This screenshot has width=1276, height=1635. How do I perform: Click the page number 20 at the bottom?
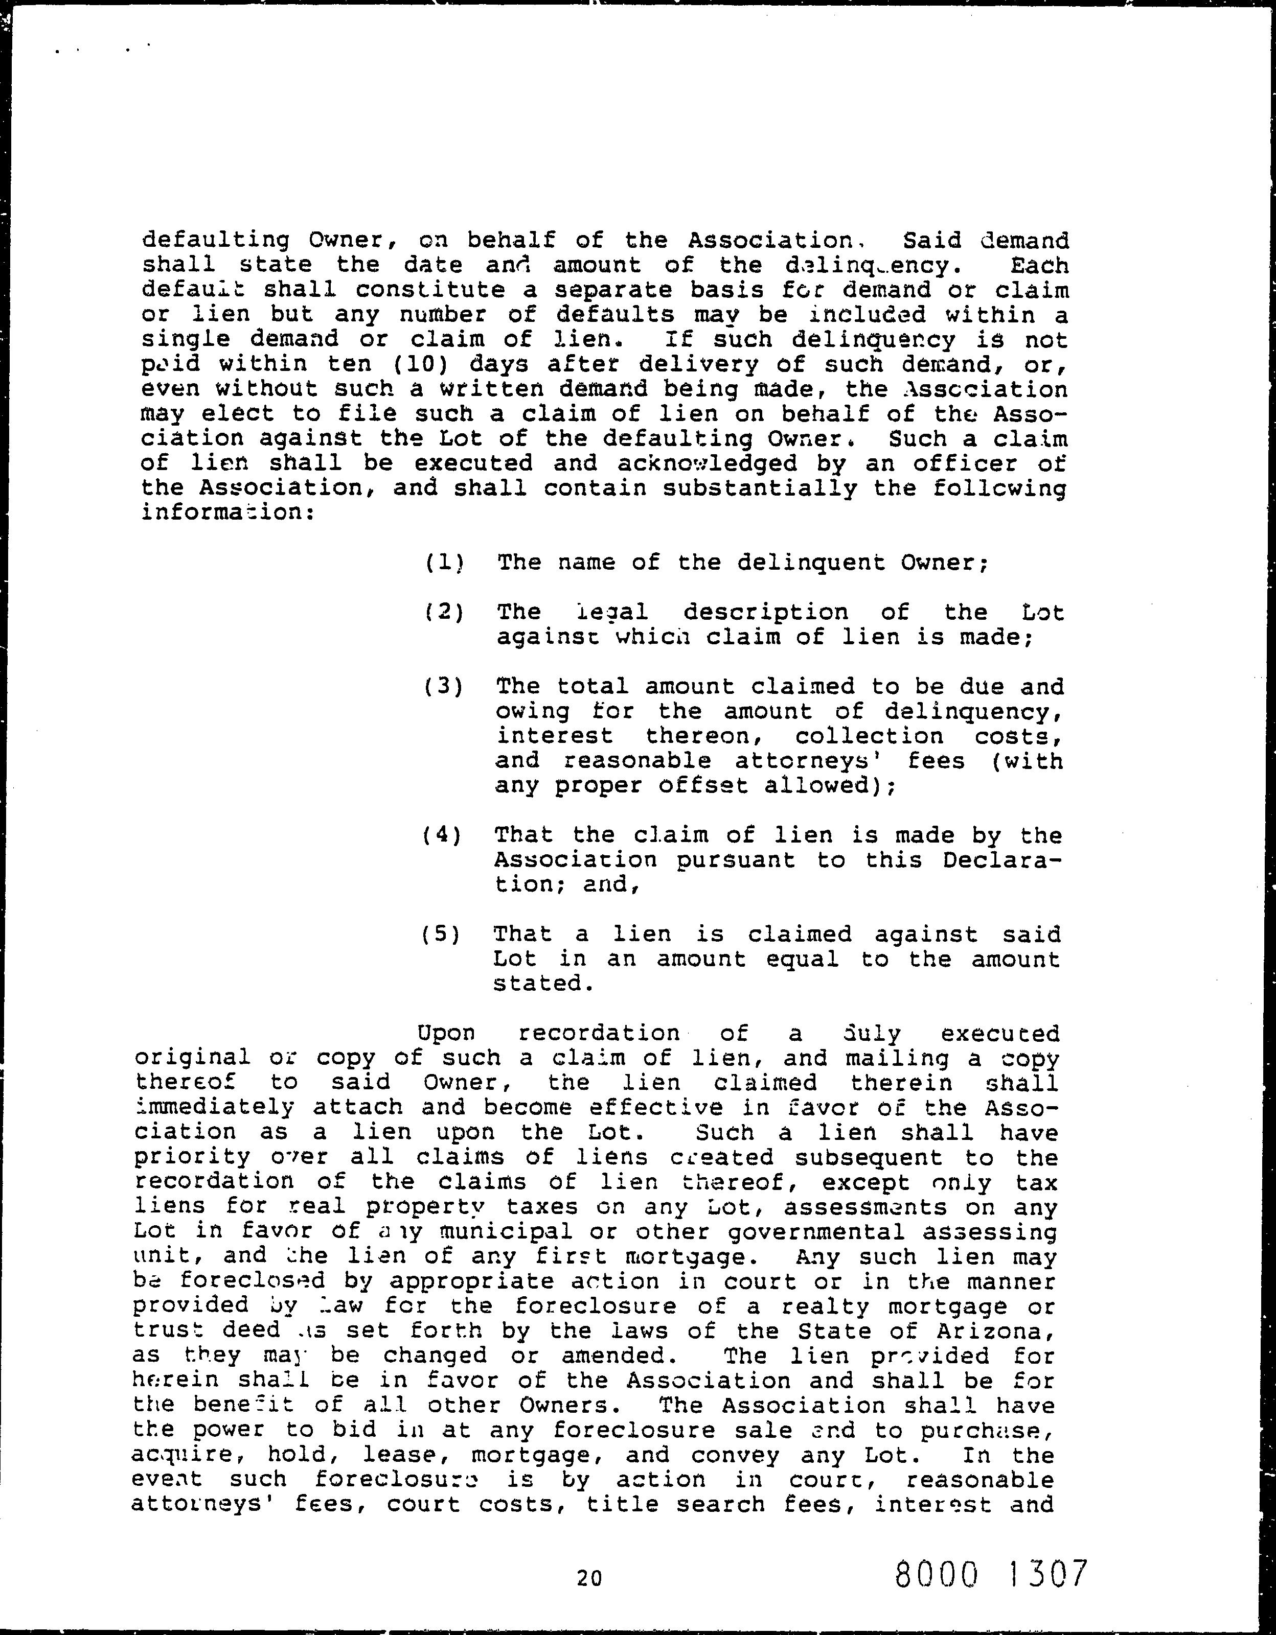pyautogui.click(x=589, y=1579)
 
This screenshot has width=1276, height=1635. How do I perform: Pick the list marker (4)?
pyautogui.click(x=442, y=835)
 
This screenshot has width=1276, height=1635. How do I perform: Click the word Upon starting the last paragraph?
pyautogui.click(x=446, y=1033)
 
